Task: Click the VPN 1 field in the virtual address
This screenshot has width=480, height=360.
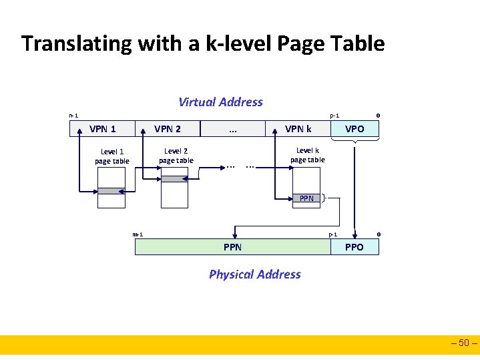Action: tap(103, 129)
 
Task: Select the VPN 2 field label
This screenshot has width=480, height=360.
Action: tap(168, 129)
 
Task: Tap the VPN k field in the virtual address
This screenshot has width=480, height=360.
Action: tap(298, 129)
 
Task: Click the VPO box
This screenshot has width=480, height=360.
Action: tap(354, 129)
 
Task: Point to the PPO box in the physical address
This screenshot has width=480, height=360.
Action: tap(354, 247)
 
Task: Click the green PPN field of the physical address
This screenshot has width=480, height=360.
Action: tap(232, 247)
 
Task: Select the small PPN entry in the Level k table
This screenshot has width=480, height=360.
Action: tap(306, 198)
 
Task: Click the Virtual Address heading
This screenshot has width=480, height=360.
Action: tap(220, 102)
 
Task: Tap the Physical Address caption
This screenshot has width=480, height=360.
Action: tap(254, 275)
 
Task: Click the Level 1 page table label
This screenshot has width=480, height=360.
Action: tap(111, 156)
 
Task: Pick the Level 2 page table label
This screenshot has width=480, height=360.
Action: tap(176, 156)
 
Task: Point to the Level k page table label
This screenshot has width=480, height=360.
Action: tap(307, 155)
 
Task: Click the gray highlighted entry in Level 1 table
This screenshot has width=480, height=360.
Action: tap(111, 191)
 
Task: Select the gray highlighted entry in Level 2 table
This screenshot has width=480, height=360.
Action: tap(176, 179)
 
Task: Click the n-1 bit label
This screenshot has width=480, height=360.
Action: tap(73, 116)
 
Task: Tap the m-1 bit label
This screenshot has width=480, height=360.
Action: tap(138, 234)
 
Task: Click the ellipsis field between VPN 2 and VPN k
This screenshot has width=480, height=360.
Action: tap(233, 129)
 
